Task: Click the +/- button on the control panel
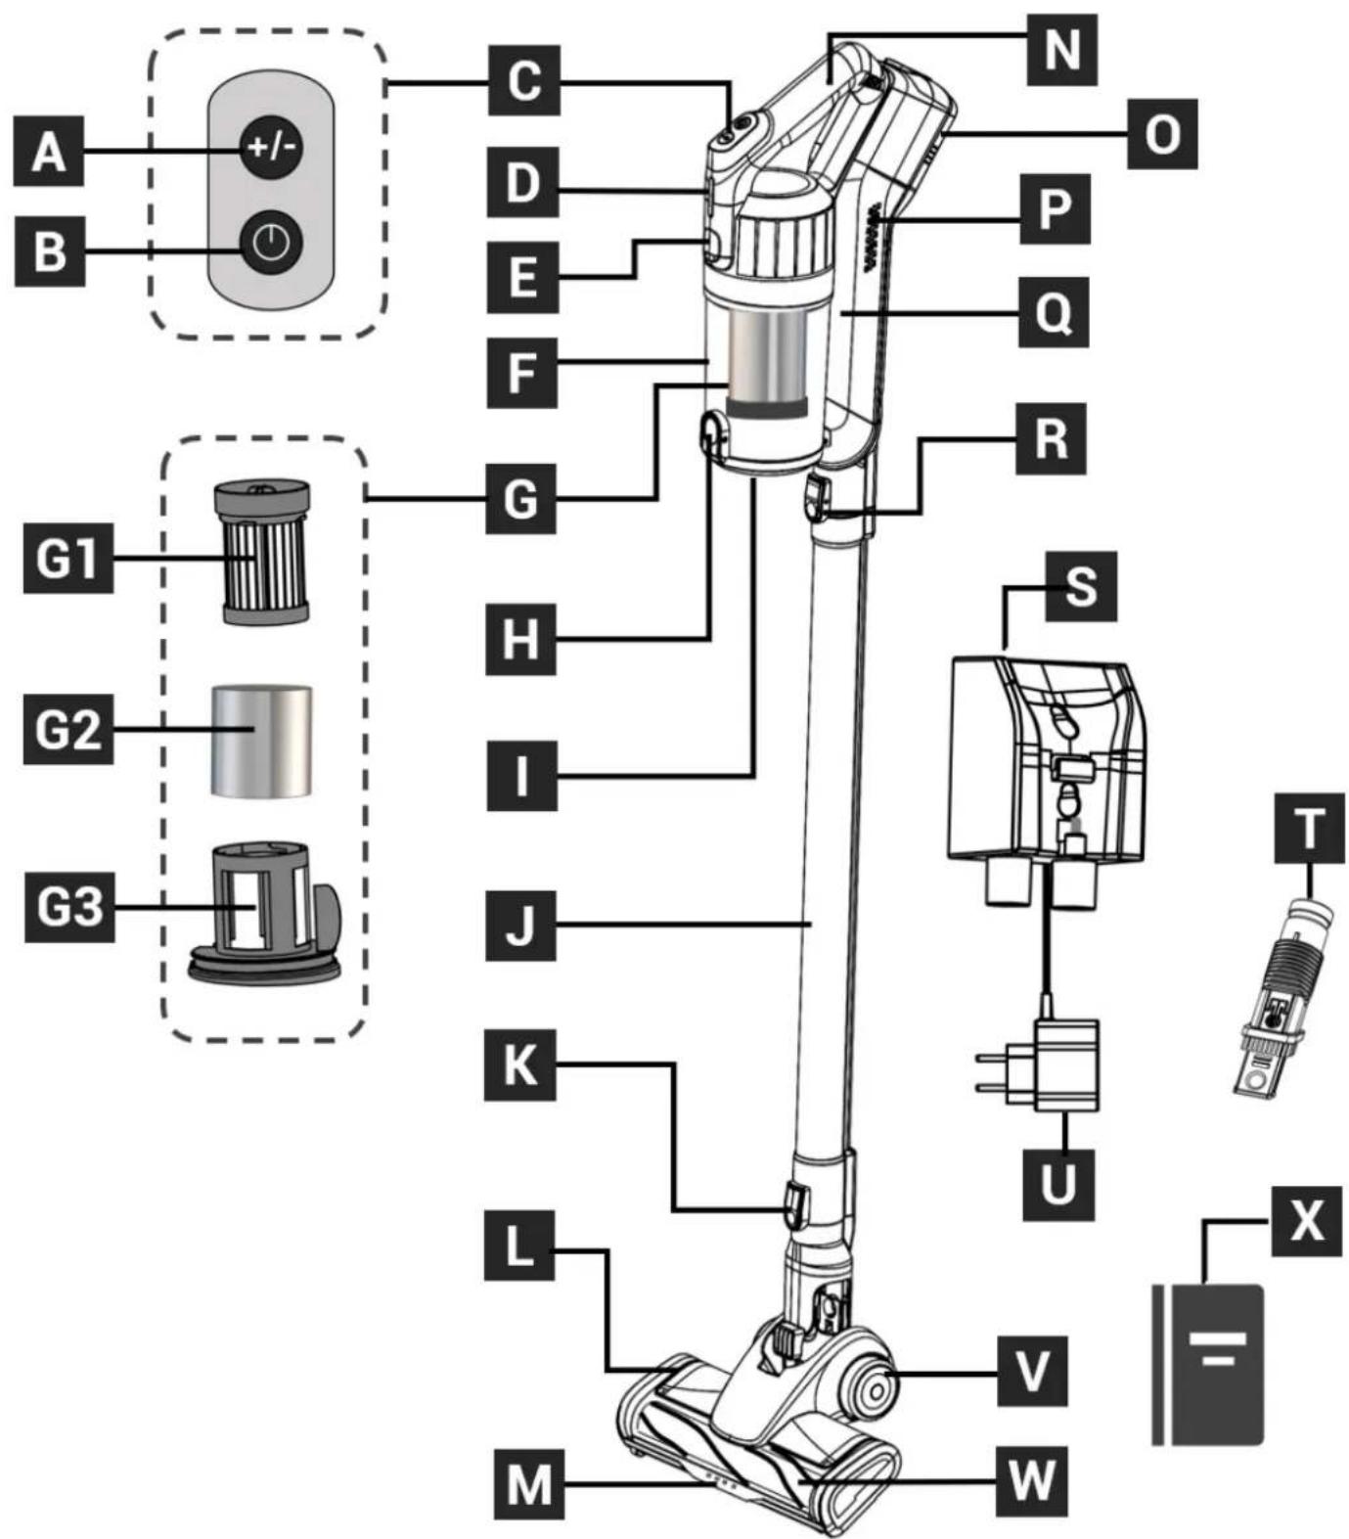pos(272,149)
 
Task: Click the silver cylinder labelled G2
pos(261,741)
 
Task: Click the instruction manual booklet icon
pos(1207,1364)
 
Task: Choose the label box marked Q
pos(1053,313)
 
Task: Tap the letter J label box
pos(520,925)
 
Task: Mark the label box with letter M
pos(529,1484)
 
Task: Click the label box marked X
pos(1306,1221)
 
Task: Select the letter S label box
pos(1080,587)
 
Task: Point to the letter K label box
pos(520,1064)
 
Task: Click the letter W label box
pos(1032,1479)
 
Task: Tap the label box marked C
pos(523,81)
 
